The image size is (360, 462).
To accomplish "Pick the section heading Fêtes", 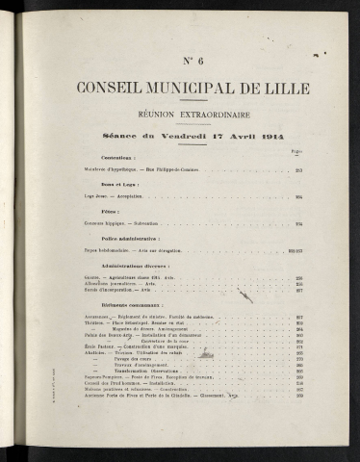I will click(110, 210).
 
